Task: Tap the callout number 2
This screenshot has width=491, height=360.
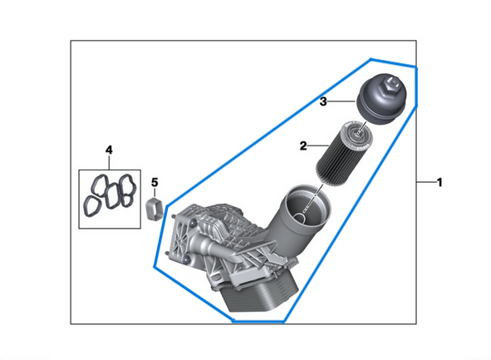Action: (304, 145)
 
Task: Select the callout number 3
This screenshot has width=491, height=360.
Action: (325, 101)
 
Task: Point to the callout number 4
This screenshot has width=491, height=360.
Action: (108, 149)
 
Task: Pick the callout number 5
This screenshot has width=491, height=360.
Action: (153, 181)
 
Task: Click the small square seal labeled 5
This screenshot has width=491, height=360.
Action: (153, 208)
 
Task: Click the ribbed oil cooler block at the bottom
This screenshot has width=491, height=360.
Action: (258, 295)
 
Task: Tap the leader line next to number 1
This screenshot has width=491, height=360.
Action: (424, 181)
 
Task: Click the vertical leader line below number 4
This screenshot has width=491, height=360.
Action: (108, 163)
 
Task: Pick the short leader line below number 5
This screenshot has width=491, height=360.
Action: (153, 193)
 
